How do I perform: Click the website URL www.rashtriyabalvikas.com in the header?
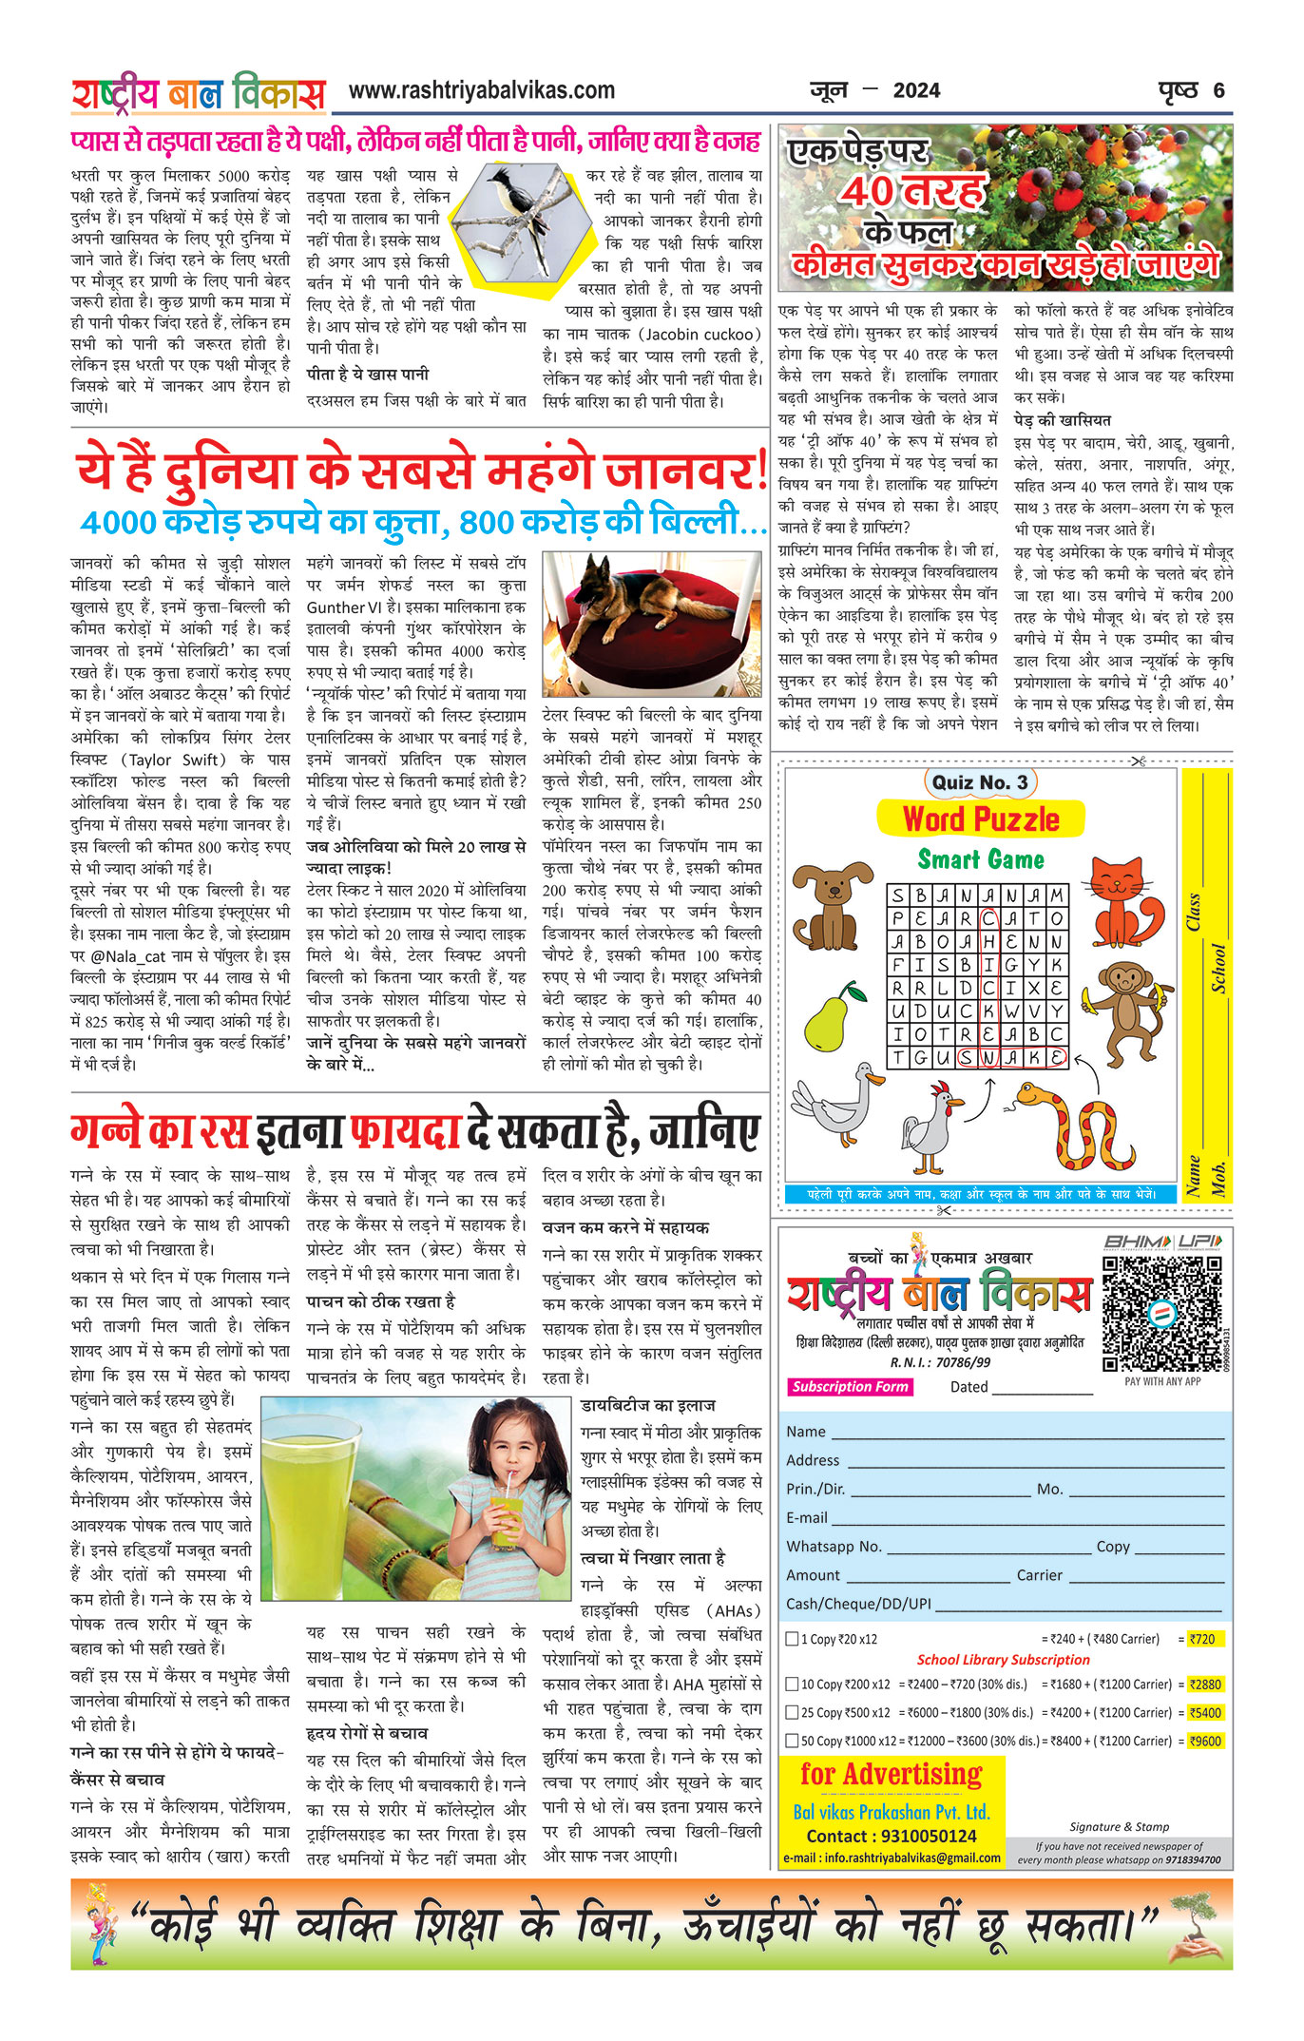[x=481, y=91]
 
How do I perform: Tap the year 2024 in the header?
[x=916, y=91]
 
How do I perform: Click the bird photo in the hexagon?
[x=515, y=221]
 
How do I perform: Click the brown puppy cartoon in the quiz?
[x=832, y=903]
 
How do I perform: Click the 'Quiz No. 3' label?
[x=980, y=782]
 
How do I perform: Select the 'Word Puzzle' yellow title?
[x=980, y=818]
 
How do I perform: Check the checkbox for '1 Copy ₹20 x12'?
[x=792, y=1639]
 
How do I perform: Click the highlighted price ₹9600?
[x=1205, y=1742]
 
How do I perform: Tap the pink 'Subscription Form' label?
[x=850, y=1387]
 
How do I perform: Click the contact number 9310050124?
[x=892, y=1837]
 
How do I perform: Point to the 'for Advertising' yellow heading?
[x=891, y=1774]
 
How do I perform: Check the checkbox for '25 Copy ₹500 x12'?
[x=792, y=1713]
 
